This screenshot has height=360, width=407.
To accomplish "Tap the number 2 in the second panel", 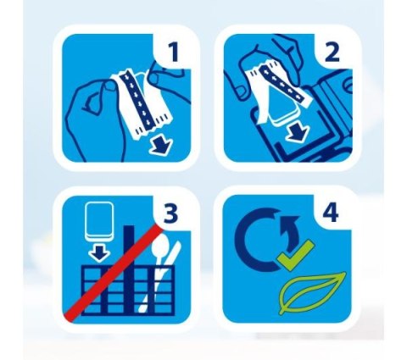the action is [332, 53].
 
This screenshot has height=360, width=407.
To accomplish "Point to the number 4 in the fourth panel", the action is [331, 213].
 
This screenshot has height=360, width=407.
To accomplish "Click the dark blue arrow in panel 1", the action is [160, 146].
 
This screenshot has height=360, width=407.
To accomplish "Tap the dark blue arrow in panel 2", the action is [298, 133].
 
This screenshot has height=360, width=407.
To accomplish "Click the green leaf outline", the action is [312, 294].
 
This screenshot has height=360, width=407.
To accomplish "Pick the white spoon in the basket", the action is [158, 260].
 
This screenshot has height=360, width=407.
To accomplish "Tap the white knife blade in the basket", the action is [175, 252].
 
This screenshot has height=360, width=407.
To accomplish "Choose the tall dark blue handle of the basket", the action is [129, 269].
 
